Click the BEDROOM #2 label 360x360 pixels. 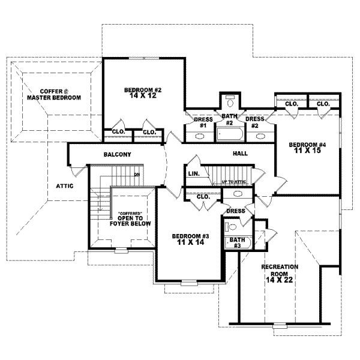[x=143, y=90]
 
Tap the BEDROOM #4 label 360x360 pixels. [x=307, y=145]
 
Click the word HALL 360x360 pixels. [x=240, y=154]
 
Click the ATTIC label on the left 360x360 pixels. [x=64, y=186]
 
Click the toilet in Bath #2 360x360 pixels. [x=229, y=100]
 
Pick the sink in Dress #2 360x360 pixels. [x=260, y=136]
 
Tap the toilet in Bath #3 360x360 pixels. [x=230, y=227]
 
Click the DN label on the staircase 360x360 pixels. [x=137, y=175]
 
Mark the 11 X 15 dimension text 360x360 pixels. [x=307, y=151]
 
